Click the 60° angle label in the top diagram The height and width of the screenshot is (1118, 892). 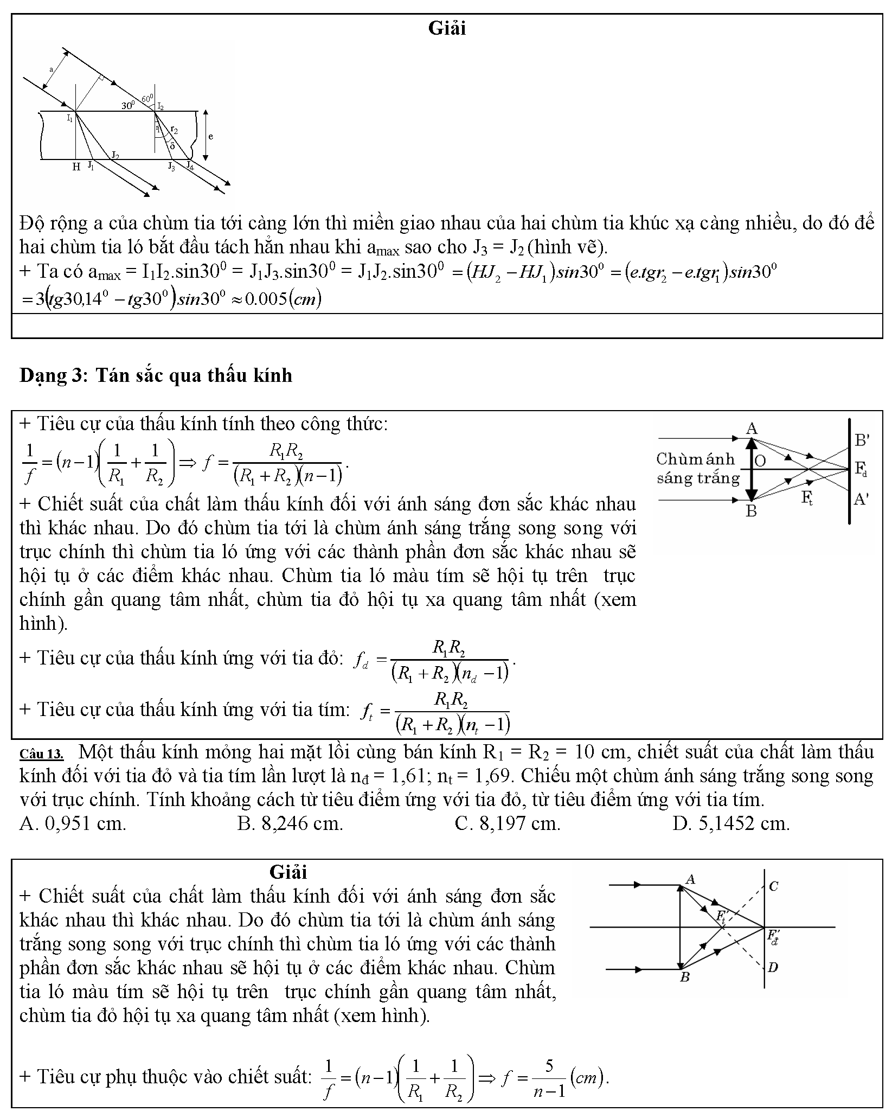click(x=146, y=98)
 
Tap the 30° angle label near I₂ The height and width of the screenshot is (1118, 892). click(x=127, y=106)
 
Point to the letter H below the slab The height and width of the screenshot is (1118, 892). click(x=76, y=167)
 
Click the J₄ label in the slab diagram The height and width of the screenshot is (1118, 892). click(x=190, y=165)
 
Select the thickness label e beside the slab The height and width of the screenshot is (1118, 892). click(x=211, y=136)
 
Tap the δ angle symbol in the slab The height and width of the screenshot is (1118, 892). click(x=172, y=145)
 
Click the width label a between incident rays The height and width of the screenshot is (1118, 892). click(x=52, y=70)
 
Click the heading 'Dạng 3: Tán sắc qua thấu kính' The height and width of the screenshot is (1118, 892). click(x=156, y=375)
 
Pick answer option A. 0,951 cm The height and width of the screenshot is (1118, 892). click(x=73, y=824)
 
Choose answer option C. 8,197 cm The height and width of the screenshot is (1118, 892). click(x=508, y=824)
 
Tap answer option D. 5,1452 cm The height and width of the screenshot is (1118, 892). click(x=731, y=824)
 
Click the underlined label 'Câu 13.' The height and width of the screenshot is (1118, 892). click(x=41, y=754)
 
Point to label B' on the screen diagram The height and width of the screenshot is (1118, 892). click(x=862, y=440)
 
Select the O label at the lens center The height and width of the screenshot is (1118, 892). click(x=760, y=461)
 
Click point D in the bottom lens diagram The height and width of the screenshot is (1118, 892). click(x=773, y=967)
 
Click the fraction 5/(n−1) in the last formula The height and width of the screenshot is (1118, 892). click(x=549, y=1078)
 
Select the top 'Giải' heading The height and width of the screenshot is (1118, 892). click(x=447, y=28)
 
